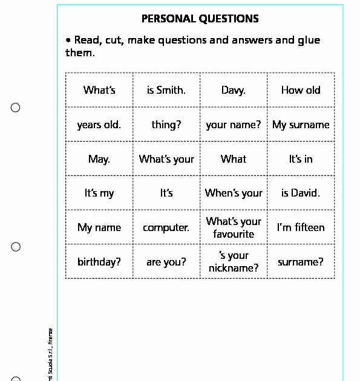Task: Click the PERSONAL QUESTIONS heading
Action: click(200, 19)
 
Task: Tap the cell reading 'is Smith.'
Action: click(166, 90)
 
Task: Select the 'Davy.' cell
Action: click(234, 90)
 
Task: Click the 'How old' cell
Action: click(301, 90)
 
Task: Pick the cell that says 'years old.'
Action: click(99, 125)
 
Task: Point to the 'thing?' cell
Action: click(166, 125)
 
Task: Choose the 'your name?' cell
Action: click(234, 125)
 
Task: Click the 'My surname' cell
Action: click(301, 125)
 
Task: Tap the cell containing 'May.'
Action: click(99, 159)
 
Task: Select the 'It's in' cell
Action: click(301, 159)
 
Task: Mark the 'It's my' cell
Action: click(99, 194)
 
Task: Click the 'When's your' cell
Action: click(234, 194)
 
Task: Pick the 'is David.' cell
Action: click(301, 194)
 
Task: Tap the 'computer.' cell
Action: click(166, 228)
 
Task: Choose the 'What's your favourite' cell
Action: click(234, 227)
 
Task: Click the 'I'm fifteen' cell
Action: click(301, 228)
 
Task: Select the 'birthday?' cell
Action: click(99, 262)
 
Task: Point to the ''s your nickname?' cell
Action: click(234, 261)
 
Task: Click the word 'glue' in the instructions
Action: click(309, 41)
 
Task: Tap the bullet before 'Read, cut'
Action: click(68, 40)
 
